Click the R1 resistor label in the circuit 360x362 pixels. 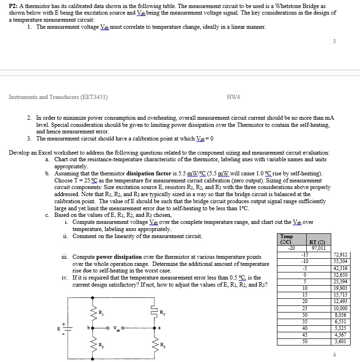tap(100, 311)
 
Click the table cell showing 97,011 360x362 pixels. tap(319, 248)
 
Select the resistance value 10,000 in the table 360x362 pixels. tap(340, 308)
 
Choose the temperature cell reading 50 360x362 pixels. tap(304, 341)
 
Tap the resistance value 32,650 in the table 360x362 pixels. tap(340, 275)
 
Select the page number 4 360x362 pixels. tap(334, 354)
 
